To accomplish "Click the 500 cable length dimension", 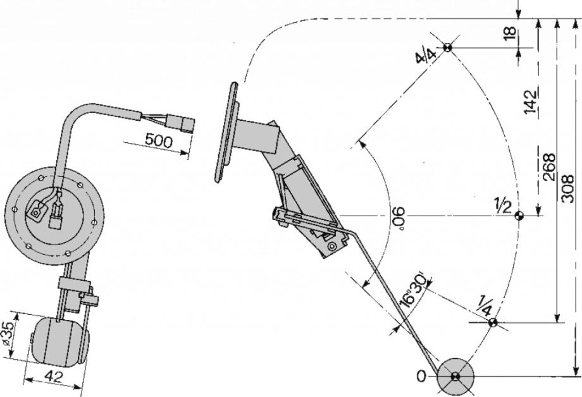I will [x=158, y=140].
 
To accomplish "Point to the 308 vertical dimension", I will [x=567, y=188].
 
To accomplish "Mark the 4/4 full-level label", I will [x=426, y=56].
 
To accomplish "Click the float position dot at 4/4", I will [x=447, y=47].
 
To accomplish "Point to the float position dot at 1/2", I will [x=519, y=216].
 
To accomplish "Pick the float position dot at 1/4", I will [x=493, y=324].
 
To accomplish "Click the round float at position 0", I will [x=455, y=377].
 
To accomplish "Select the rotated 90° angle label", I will [x=395, y=219].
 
